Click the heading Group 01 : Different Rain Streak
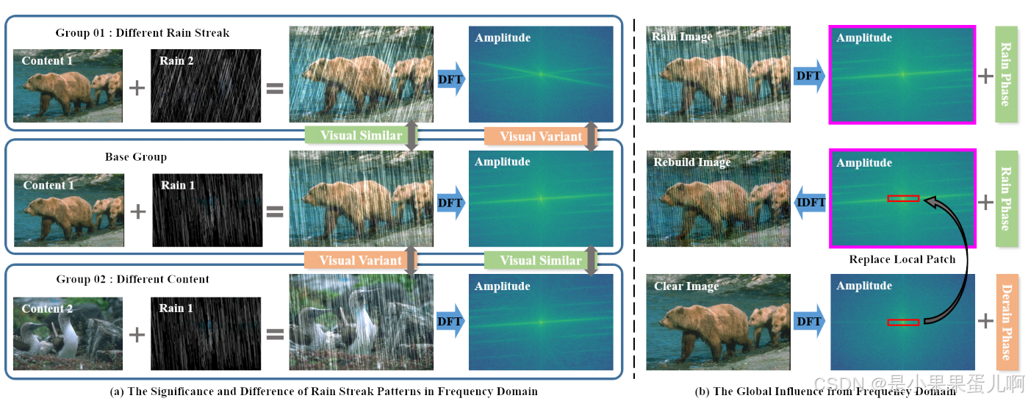[143, 33]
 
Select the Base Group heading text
[136, 157]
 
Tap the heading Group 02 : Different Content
[133, 279]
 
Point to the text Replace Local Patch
[902, 259]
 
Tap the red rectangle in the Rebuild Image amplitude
[903, 198]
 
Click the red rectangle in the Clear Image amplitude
[903, 322]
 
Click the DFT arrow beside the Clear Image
[808, 321]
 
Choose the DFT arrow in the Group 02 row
[451, 321]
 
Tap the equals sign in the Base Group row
[275, 212]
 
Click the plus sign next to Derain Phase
[985, 321]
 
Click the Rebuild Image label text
[692, 162]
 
